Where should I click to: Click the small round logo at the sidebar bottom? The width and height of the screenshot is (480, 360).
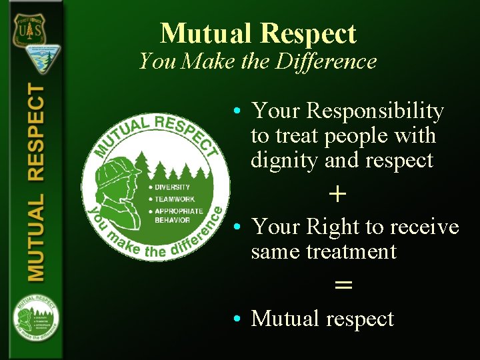pos(35,321)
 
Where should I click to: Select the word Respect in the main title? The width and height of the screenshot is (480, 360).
pos(309,33)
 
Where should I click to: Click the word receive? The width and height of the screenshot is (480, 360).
pos(427,227)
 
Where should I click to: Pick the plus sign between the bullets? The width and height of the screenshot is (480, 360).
pos(338,194)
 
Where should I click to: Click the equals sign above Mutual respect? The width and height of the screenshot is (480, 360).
pos(343,285)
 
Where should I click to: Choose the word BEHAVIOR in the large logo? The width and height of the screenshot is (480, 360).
pos(172,219)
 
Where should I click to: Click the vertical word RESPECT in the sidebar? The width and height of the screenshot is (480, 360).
pos(35,133)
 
